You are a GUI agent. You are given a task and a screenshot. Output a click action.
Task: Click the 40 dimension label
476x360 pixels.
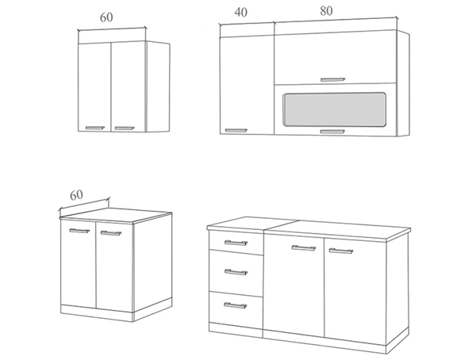[241, 12]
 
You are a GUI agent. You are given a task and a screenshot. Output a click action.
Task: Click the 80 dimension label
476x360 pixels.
[326, 11]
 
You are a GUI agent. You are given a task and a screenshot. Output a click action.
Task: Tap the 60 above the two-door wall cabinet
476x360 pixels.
[106, 17]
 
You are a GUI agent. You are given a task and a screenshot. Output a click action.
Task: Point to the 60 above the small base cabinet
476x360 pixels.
[76, 195]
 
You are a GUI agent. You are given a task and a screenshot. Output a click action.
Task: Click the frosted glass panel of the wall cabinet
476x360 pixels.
[335, 109]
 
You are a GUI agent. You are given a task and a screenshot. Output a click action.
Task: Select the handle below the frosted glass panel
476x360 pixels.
[332, 132]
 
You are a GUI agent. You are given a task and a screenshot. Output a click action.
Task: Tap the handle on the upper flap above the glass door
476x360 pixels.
[333, 79]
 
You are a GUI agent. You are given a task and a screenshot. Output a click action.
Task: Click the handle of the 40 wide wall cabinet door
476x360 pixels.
[236, 131]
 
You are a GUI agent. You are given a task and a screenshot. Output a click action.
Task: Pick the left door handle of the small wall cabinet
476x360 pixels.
[94, 128]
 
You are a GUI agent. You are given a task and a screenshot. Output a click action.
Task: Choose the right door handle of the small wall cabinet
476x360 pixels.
[125, 128]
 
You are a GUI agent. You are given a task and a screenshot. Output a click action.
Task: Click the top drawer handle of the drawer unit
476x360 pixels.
[236, 243]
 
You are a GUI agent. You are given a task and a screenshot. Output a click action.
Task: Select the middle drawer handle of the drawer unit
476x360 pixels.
[236, 272]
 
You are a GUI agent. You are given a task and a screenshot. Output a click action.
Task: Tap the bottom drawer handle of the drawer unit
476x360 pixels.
[236, 305]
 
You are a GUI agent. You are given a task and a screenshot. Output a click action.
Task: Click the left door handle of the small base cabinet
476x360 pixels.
[79, 231]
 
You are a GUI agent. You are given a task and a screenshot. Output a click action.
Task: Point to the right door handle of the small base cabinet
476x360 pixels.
[111, 233]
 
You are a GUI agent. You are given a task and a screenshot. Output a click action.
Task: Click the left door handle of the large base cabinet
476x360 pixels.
[304, 248]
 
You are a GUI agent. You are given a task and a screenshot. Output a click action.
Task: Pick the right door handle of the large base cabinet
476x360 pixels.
[341, 251]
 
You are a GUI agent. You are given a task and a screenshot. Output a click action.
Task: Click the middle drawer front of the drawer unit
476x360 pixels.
[236, 274]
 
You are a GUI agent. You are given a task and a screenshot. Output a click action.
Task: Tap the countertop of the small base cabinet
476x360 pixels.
[116, 215]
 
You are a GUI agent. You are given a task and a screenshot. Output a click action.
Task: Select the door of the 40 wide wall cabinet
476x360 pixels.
[247, 85]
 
